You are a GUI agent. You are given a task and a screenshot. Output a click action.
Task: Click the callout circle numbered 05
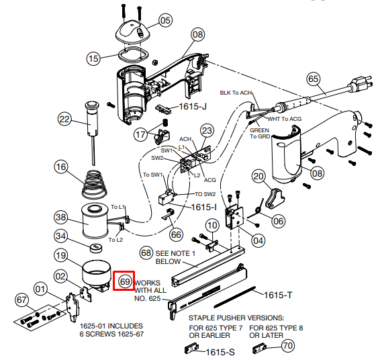(165, 20)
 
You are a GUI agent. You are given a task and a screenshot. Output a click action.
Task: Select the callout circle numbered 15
(93, 58)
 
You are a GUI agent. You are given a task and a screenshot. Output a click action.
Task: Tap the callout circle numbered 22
(64, 119)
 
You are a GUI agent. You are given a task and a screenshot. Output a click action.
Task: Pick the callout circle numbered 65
(313, 79)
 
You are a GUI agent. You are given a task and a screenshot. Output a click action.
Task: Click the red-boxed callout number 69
(125, 281)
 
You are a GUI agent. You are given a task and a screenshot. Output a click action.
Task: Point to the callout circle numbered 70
(288, 345)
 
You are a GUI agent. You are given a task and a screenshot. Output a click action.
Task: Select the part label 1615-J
(193, 106)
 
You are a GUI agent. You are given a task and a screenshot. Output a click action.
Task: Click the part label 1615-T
(278, 295)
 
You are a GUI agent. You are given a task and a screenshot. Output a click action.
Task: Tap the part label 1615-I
(203, 207)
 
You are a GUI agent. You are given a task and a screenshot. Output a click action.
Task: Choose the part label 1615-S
(220, 353)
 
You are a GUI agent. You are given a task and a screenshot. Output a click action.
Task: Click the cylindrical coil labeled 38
(95, 221)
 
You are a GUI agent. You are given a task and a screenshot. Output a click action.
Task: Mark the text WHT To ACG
(285, 119)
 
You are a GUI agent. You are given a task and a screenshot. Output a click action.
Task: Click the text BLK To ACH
(236, 93)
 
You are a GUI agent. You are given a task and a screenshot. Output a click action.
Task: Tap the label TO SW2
(205, 194)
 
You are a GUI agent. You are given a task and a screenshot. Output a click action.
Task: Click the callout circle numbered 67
(21, 300)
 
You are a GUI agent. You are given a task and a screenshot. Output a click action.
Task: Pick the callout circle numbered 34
(60, 236)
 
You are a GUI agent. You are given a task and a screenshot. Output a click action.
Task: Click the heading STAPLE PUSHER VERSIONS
(236, 318)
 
